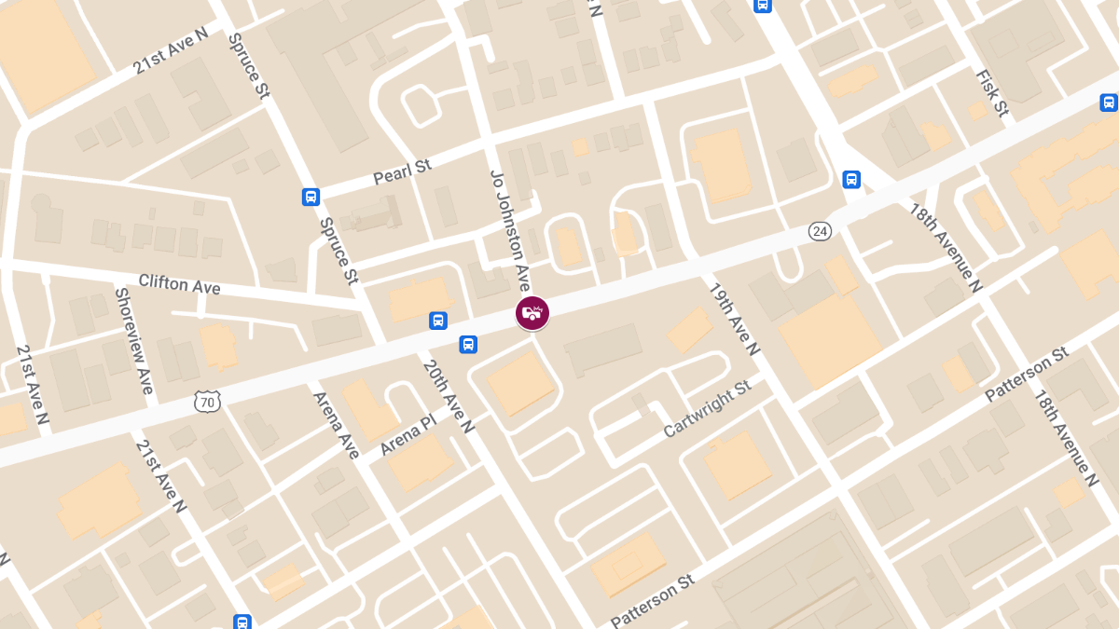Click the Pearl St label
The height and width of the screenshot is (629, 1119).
[402, 171]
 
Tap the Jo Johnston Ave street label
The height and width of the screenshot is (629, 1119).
[510, 229]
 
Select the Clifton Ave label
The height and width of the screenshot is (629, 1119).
[179, 283]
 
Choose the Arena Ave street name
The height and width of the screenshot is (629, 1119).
[336, 425]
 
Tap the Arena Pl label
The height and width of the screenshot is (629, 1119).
[408, 435]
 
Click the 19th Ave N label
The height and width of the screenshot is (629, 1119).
[735, 319]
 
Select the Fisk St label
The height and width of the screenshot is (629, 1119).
[992, 93]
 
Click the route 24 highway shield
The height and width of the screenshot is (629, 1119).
[820, 231]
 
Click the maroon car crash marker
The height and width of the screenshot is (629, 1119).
[532, 313]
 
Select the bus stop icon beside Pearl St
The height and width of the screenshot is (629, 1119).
[311, 197]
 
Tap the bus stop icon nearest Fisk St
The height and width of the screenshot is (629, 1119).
[1109, 103]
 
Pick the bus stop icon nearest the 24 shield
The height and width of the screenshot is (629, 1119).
[851, 179]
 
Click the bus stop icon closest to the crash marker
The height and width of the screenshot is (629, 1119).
[468, 344]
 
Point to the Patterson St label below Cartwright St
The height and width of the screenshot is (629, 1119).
[653, 600]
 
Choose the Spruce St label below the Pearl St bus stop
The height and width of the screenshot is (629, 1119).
[338, 250]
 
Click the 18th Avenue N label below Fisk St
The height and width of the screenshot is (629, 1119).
[946, 248]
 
